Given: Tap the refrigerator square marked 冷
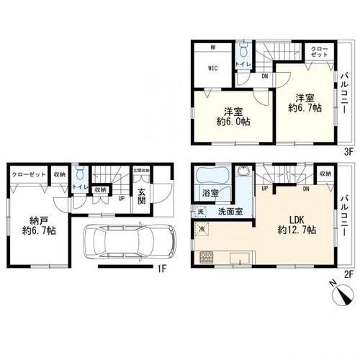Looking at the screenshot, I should click(201, 228).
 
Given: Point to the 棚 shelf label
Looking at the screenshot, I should click(213, 48).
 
